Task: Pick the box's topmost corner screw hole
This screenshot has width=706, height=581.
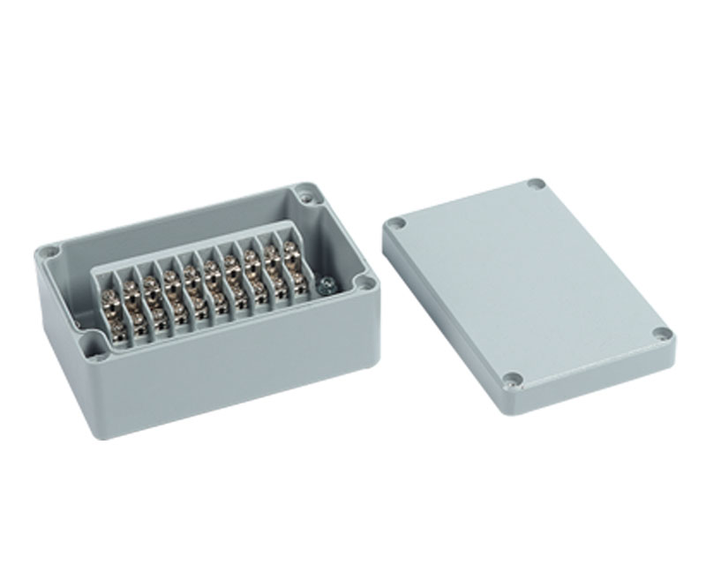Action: tap(304, 189)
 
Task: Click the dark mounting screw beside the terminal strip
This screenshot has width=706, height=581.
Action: tap(324, 284)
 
